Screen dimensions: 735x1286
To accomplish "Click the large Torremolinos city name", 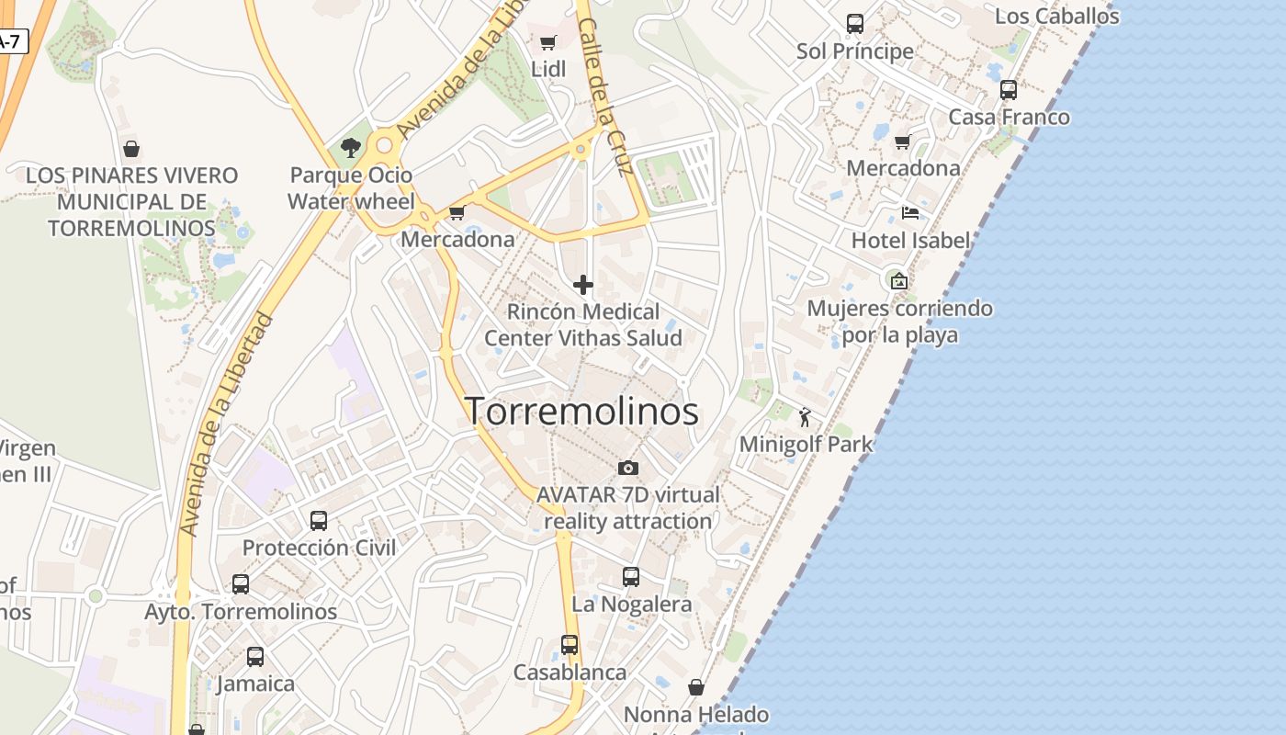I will (x=581, y=411).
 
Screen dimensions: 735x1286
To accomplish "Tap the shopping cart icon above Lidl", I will (x=548, y=42).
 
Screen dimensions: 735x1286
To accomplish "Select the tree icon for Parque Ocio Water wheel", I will (x=350, y=147).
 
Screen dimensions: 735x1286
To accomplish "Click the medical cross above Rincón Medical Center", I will (x=582, y=285).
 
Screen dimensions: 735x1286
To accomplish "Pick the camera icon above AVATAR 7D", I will (x=628, y=469).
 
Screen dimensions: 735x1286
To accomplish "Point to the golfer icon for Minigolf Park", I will (x=805, y=417).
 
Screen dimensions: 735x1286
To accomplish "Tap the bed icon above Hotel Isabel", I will (x=909, y=213).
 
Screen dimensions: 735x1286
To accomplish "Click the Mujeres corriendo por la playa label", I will (x=899, y=322).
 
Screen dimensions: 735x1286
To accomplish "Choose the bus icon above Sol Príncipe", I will (x=855, y=24).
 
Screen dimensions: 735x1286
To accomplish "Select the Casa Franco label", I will (x=1009, y=118).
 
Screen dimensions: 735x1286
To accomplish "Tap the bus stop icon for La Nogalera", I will (x=631, y=577).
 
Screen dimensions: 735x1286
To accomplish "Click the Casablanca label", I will (x=570, y=673).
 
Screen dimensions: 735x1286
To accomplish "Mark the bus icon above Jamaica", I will (x=255, y=657).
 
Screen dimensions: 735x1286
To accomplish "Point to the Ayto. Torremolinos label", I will (x=241, y=611).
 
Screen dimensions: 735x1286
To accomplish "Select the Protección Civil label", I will (x=319, y=548).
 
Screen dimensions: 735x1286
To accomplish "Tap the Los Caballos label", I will (x=1056, y=16).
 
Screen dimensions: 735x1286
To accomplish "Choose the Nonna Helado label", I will (x=695, y=715).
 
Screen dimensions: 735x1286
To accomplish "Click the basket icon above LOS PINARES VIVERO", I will (x=131, y=148).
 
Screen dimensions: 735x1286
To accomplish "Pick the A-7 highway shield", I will (x=9, y=41).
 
